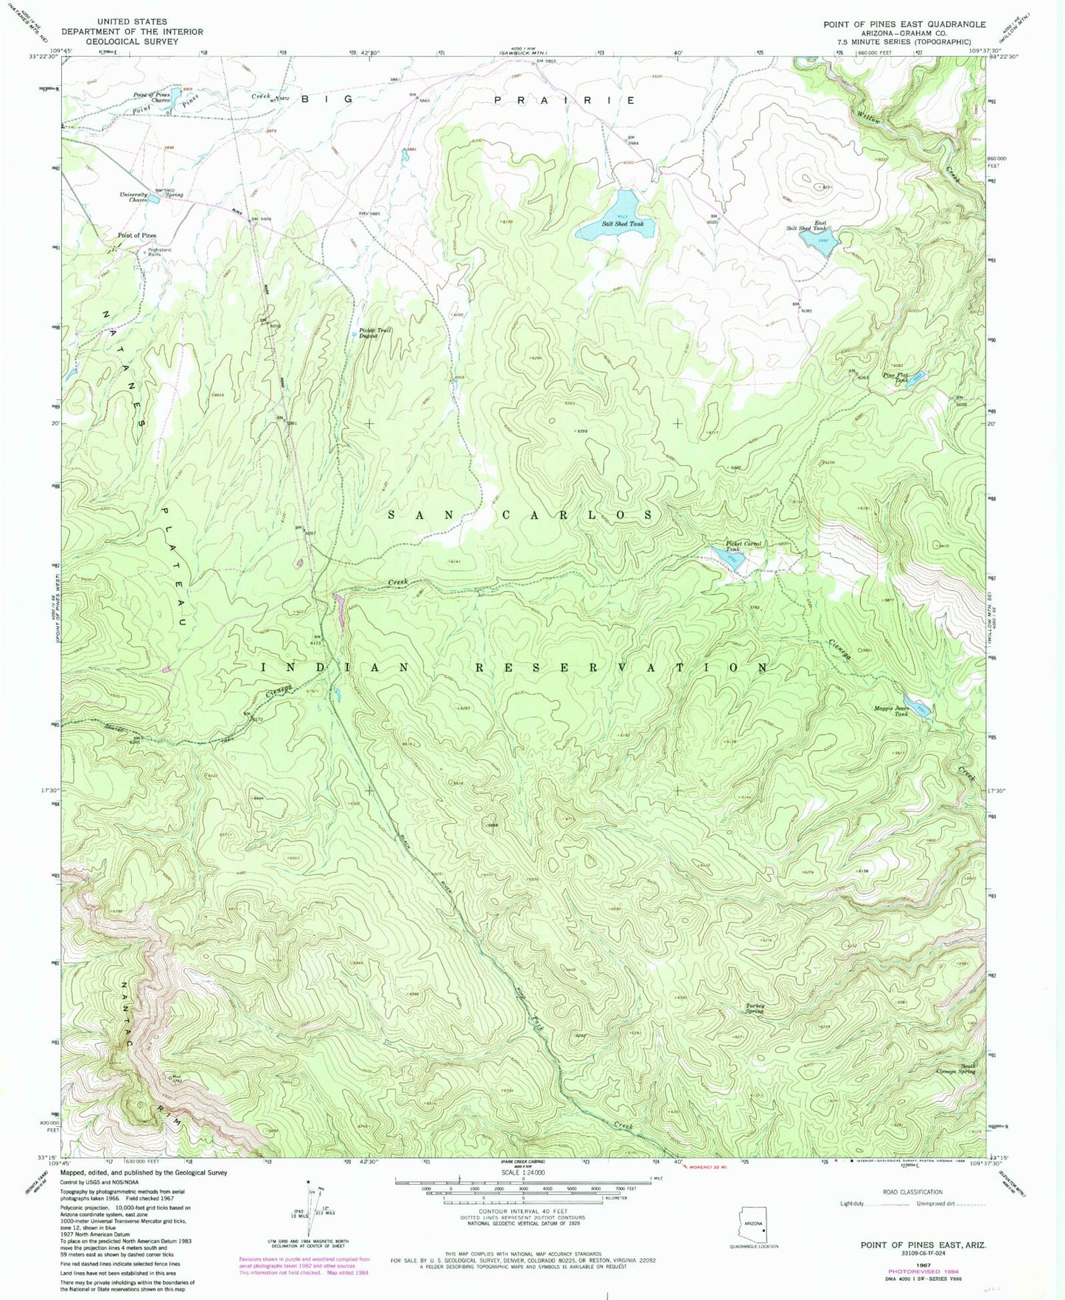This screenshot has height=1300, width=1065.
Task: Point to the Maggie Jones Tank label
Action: (891, 710)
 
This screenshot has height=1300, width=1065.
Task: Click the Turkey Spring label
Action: (753, 1008)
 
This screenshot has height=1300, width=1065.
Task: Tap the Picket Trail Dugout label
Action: (375, 332)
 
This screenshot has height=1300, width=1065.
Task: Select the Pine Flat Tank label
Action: (895, 377)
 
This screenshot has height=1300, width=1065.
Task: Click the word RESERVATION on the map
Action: (620, 667)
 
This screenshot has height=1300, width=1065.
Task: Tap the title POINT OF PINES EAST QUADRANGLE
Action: (904, 24)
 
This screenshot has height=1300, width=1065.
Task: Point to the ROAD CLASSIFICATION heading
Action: (912, 1192)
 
